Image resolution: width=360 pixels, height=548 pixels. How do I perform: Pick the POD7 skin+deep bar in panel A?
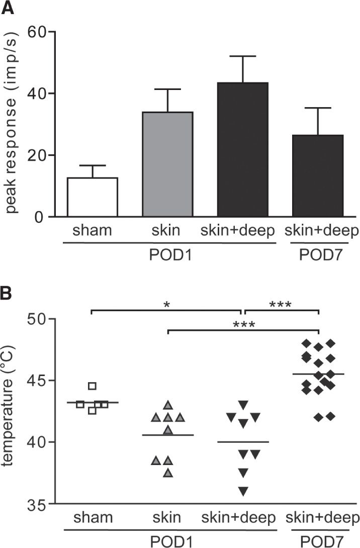pyautogui.click(x=318, y=176)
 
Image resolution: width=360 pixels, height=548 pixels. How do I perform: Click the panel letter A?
pyautogui.click(x=8, y=7)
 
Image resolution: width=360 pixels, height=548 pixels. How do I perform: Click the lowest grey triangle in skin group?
pyautogui.click(x=168, y=473)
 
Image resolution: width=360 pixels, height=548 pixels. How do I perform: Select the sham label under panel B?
pyautogui.click(x=92, y=518)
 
